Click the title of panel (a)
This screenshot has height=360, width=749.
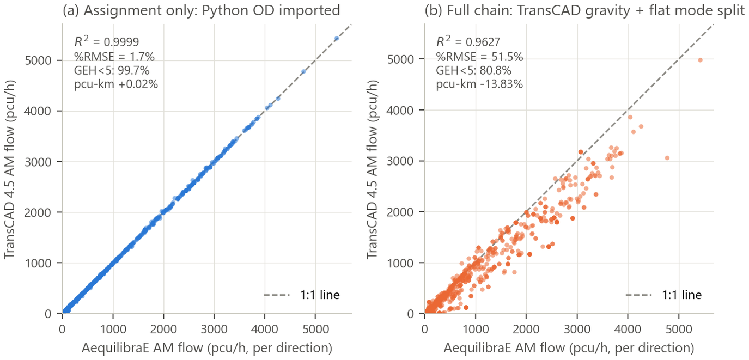point(202,11)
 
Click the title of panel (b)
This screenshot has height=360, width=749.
point(584,11)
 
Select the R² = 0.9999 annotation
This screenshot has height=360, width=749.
point(106,41)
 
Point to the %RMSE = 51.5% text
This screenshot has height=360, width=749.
point(479,57)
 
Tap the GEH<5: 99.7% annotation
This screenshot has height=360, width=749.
point(112,70)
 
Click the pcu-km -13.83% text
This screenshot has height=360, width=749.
point(479,84)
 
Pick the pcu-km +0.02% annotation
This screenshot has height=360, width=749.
point(115,84)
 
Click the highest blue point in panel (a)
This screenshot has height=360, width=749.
point(337,39)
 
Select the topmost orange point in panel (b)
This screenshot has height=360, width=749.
point(700,60)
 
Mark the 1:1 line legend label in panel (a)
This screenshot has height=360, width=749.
point(320,295)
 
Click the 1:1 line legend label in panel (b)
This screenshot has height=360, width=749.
point(682,295)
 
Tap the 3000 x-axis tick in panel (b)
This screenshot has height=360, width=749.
point(577,330)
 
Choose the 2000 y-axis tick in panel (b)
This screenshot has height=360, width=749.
point(400,211)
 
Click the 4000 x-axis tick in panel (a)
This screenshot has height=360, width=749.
point(265,330)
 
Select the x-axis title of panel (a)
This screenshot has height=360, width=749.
point(207,349)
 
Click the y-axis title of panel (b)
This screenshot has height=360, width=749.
point(372,169)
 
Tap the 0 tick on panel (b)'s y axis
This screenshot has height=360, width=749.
point(411,314)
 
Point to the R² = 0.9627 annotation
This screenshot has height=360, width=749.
point(468,41)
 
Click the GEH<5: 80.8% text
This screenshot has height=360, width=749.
point(473,70)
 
